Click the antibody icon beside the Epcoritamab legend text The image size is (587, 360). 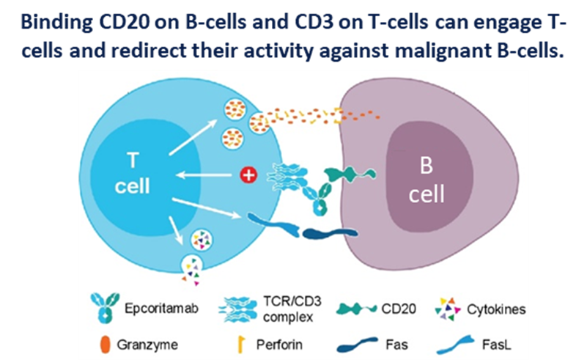coord(103,309)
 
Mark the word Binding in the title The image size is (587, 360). coord(50,23)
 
